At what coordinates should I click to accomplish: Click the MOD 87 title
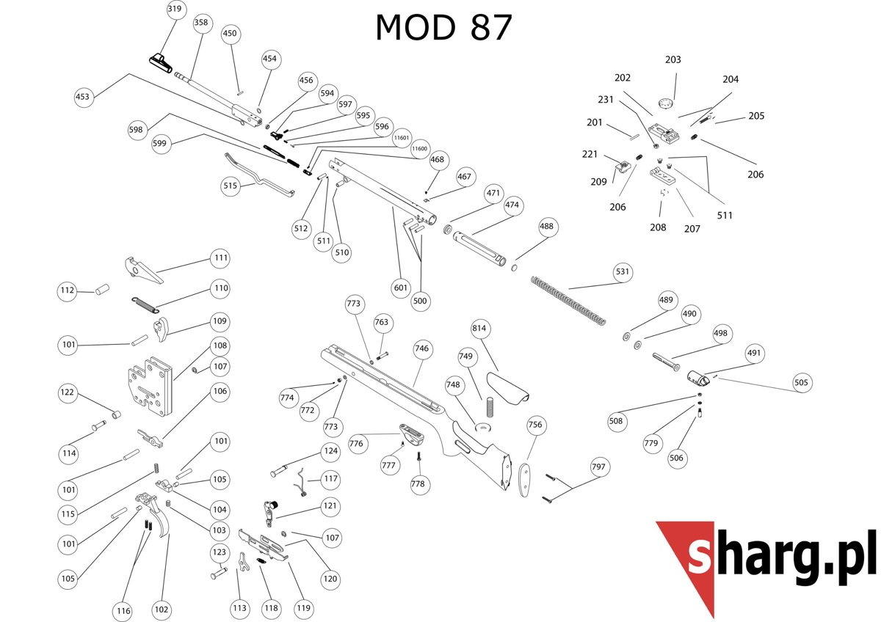coord(443,28)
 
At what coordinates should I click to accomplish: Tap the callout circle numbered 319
coord(175,10)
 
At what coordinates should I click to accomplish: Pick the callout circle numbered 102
coord(162,610)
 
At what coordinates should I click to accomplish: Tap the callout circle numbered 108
coord(220,345)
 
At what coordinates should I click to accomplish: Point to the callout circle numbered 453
coord(84,97)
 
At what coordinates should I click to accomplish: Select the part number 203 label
coord(672,59)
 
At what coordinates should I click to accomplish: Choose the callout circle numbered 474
coord(512,205)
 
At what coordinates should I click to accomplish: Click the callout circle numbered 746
coord(421,348)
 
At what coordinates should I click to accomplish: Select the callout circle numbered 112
coord(68,291)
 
